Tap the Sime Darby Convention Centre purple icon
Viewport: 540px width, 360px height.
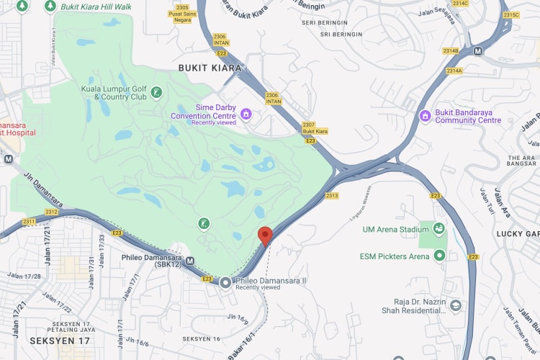click(246, 114)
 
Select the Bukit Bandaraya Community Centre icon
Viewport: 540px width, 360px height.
click(425, 115)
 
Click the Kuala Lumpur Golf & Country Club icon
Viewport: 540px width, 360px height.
click(156, 91)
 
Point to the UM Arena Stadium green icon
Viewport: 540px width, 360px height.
click(438, 230)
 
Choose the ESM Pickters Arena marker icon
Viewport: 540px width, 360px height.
click(438, 256)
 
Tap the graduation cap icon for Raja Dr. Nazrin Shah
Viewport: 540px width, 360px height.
click(455, 305)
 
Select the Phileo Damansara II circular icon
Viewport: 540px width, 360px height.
click(225, 282)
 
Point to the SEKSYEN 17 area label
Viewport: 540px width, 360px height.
click(60, 339)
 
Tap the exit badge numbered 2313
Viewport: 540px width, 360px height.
click(332, 196)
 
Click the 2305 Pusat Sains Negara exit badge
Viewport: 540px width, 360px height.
click(181, 13)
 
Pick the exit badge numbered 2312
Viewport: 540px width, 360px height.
click(51, 212)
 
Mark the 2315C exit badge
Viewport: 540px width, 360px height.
click(511, 14)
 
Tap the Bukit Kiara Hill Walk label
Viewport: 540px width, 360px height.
click(96, 6)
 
